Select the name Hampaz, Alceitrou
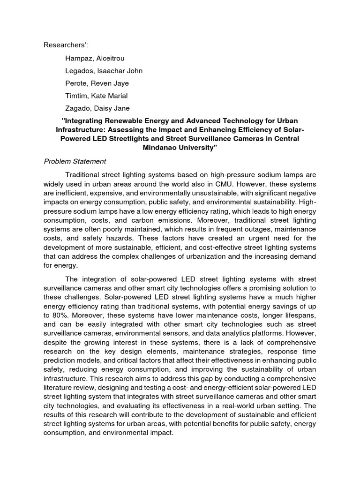pos(95,58)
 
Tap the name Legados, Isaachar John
pos(104,71)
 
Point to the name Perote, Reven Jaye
pos(97,83)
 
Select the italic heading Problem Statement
pos(75,162)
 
